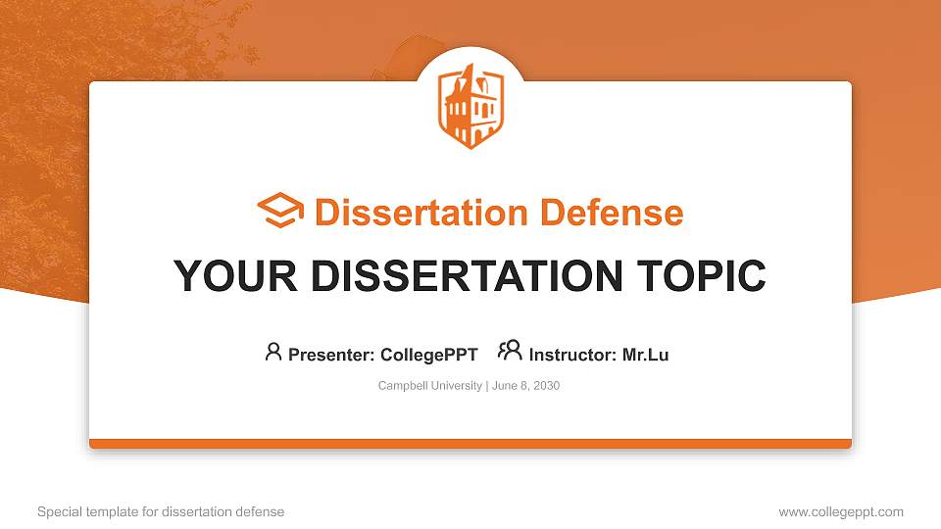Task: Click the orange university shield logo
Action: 470,107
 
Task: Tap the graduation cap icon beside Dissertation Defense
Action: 280,212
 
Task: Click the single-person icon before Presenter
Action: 273,352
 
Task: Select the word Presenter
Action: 322,355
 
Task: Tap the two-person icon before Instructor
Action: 510,351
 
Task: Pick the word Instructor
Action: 570,355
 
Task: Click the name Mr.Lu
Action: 645,355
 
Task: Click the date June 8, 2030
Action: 526,386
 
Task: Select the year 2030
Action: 545,386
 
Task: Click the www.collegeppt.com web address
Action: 841,511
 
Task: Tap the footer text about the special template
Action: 161,511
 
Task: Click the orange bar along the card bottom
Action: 470,444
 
